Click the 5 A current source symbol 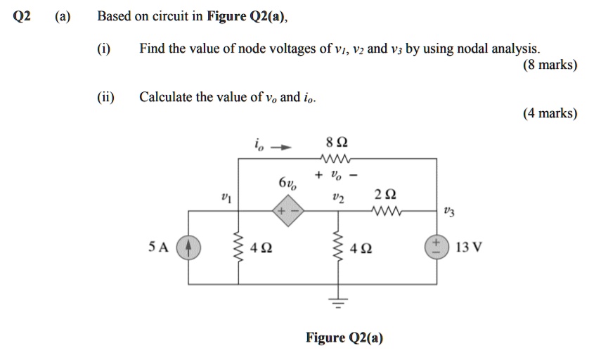(x=188, y=248)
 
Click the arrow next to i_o (x=280, y=148)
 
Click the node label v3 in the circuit (x=450, y=210)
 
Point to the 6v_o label (x=287, y=185)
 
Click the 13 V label (x=468, y=247)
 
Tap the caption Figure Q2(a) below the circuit (x=344, y=338)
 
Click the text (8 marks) (x=550, y=65)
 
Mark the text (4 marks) (x=550, y=113)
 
